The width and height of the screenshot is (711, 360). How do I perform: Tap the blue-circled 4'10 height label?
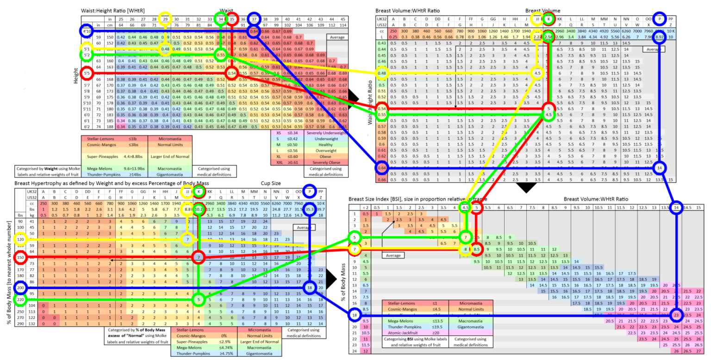point(86,31)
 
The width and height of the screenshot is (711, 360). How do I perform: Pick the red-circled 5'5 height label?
point(86,73)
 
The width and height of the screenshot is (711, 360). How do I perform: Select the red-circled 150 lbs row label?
point(20,257)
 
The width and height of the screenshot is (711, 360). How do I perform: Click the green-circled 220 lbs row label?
point(20,299)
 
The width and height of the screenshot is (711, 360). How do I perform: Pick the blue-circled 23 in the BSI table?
point(677,315)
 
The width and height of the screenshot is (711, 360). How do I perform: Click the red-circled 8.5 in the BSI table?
point(477,249)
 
